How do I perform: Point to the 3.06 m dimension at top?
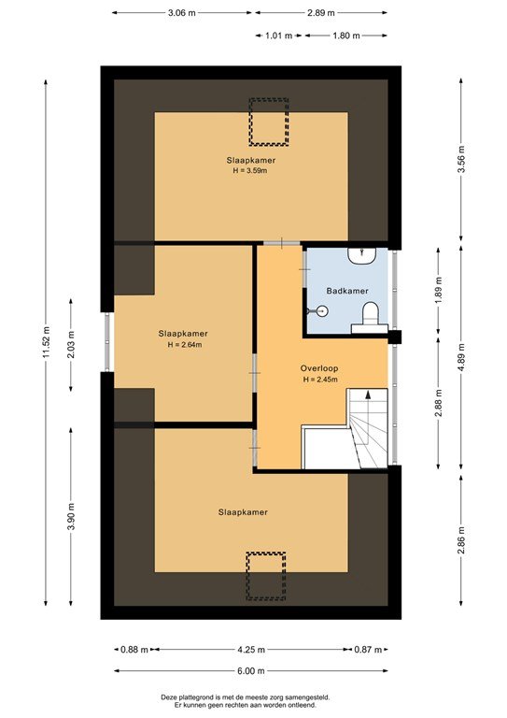tap(182, 13)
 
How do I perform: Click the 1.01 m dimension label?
tap(279, 36)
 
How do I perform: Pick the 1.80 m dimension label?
tap(346, 36)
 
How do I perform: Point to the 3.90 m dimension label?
tap(72, 516)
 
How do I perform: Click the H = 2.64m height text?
tap(183, 345)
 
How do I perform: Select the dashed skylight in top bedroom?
tap(268, 122)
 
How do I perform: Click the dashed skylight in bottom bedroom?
tap(265, 576)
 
